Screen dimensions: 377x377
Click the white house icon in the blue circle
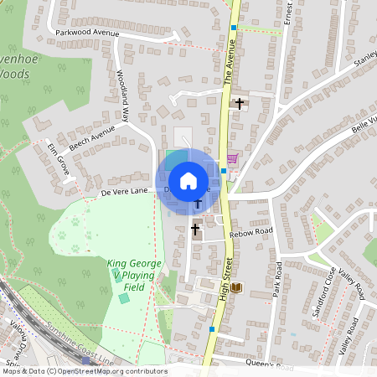pos(188,180)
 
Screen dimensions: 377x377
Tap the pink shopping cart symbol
pos(232,158)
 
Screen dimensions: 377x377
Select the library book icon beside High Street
pos(237,288)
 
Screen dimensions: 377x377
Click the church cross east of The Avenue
pos(240,104)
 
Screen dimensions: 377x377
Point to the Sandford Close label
pos(323,290)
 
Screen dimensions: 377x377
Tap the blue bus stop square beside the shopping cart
pos(224,170)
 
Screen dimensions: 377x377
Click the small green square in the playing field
pos(124,298)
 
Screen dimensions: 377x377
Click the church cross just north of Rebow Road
pos(195,228)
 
